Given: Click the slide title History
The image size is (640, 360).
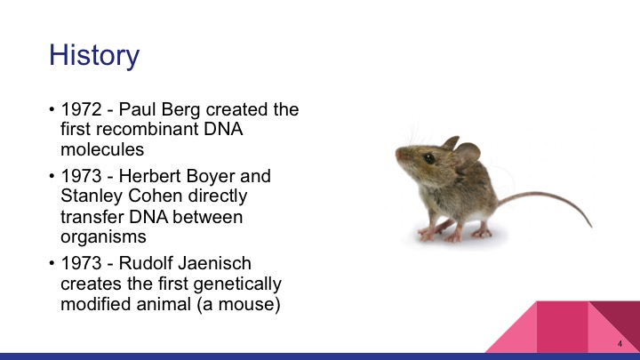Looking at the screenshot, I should [94, 55].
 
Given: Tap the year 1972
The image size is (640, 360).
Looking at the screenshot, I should [80, 111].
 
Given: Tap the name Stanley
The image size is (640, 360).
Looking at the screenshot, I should [93, 196].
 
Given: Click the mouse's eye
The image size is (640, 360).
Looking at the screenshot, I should [428, 158].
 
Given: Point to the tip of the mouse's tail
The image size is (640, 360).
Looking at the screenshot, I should [588, 226].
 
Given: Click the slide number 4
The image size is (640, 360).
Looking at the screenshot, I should [619, 343].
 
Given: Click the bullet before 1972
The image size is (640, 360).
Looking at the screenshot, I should [52, 112].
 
